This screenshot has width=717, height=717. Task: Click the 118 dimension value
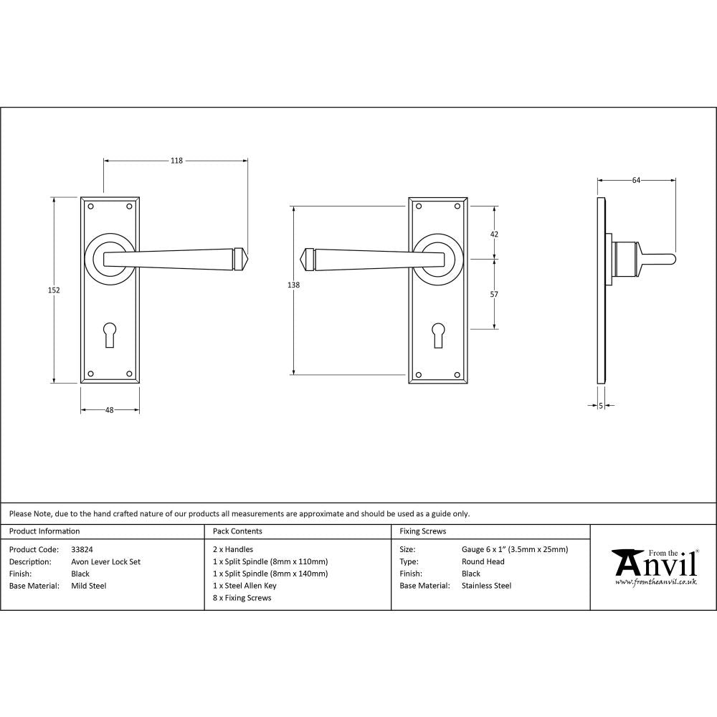(176, 161)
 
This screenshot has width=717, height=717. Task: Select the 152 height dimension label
(54, 290)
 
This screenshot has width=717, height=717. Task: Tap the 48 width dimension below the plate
(110, 410)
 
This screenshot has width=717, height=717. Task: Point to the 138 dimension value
(293, 285)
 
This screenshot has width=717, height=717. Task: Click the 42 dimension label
(493, 234)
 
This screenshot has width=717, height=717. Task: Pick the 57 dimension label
(493, 294)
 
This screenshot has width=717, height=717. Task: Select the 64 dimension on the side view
(636, 181)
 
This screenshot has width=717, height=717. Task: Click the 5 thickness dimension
(600, 406)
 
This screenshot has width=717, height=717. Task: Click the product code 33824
(82, 550)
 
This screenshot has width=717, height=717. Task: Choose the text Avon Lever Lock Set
(106, 562)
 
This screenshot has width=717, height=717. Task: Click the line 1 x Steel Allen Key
(244, 586)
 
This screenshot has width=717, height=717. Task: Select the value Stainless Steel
(486, 586)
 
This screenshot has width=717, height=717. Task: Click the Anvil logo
(654, 566)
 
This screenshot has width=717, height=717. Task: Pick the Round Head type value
(483, 562)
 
